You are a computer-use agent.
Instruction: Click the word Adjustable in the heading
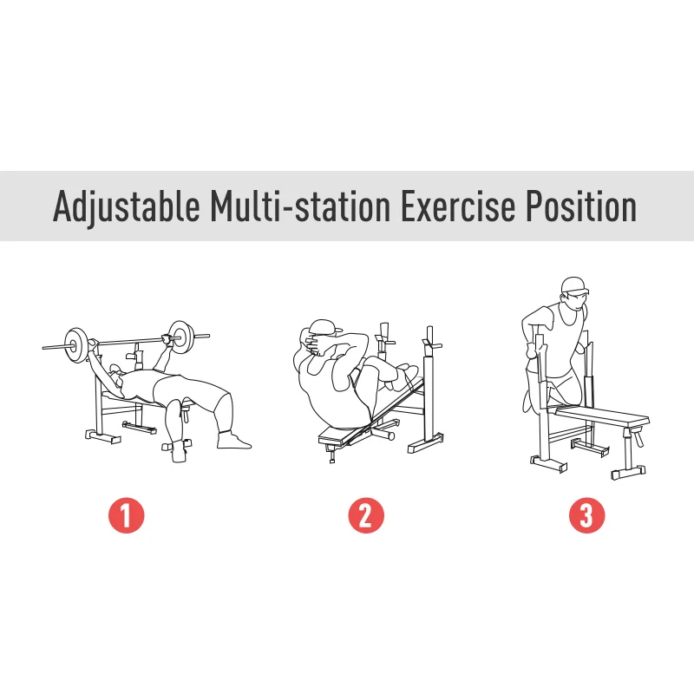125,207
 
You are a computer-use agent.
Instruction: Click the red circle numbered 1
126,516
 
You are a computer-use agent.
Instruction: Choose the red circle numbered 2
365,516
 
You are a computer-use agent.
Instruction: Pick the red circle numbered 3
586,516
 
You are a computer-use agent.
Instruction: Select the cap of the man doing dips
573,285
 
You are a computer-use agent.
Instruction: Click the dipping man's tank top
568,330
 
